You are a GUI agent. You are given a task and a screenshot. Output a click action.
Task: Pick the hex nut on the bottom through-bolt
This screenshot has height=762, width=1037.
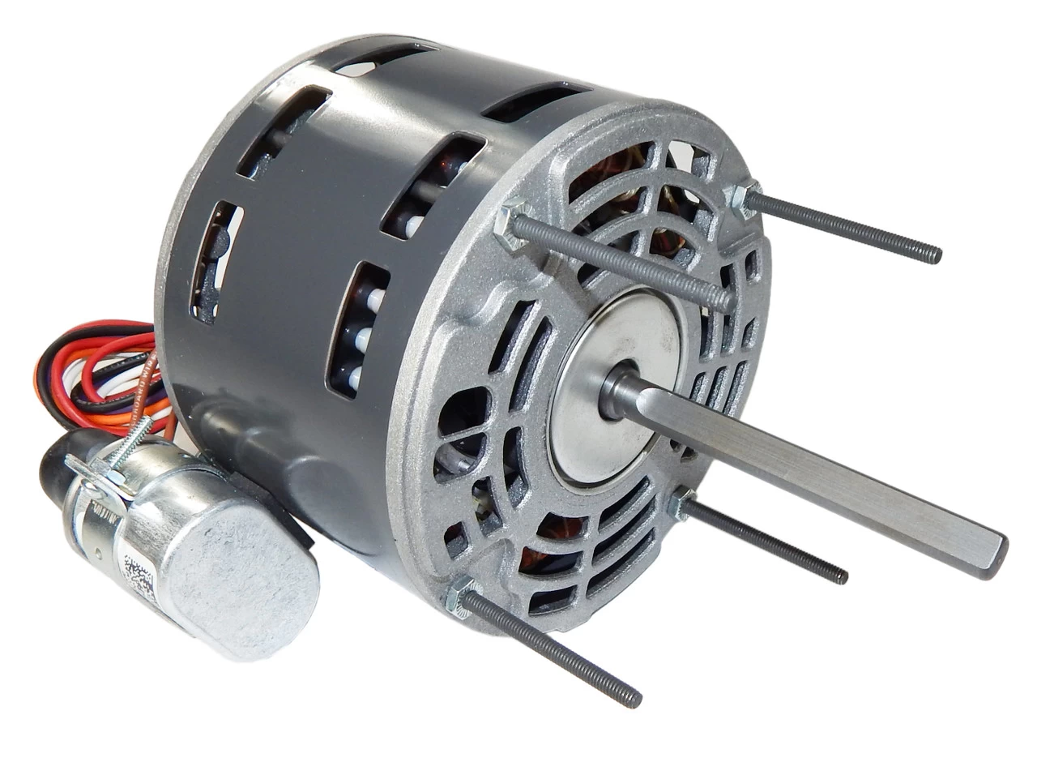(462, 597)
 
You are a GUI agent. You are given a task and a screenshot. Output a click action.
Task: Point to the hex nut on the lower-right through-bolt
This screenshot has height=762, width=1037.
(681, 504)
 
